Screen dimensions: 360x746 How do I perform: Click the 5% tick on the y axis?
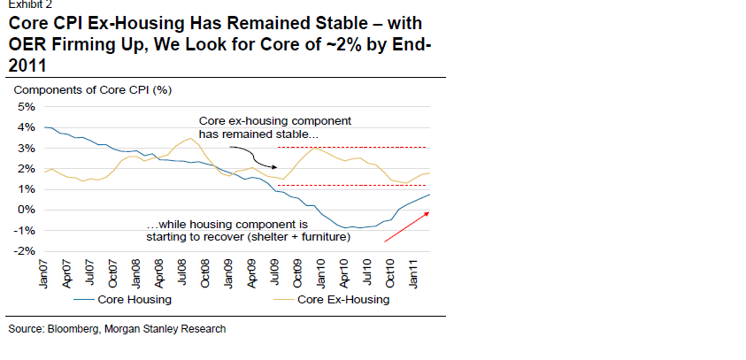pyautogui.click(x=23, y=106)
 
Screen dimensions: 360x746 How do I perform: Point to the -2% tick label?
pyautogui.click(x=21, y=252)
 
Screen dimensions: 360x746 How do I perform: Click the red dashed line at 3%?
pyautogui.click(x=354, y=148)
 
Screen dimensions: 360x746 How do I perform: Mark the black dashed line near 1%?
pyautogui.click(x=354, y=186)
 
